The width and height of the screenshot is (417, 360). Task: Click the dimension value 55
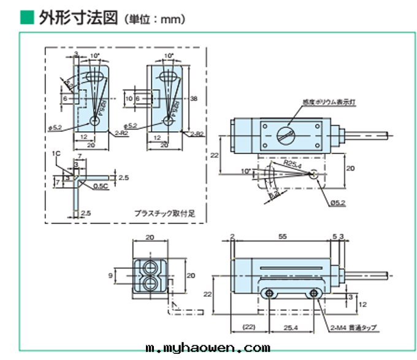(283, 236)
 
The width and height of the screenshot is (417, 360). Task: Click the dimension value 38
(194, 98)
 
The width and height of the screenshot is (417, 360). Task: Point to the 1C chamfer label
(56, 153)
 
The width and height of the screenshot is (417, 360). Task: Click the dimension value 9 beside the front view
(112, 276)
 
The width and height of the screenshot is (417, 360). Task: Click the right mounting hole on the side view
(315, 295)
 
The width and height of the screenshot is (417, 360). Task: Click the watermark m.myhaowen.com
(208, 348)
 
